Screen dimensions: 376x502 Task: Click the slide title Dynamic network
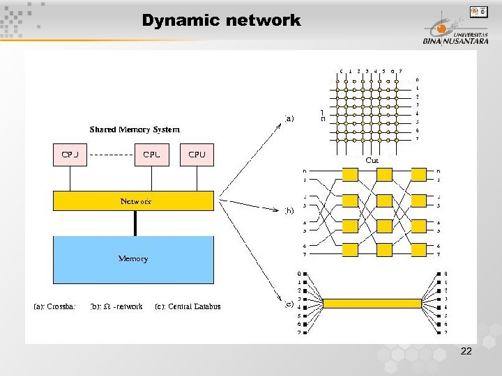click(x=221, y=21)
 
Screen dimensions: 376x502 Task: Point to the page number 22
click(x=466, y=352)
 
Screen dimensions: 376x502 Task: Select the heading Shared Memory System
click(x=135, y=130)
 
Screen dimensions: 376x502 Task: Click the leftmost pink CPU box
click(x=70, y=155)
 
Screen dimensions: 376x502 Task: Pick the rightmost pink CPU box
click(x=197, y=155)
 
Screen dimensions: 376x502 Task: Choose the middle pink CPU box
click(x=151, y=155)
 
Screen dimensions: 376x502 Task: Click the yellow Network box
click(x=134, y=201)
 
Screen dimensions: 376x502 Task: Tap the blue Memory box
click(x=134, y=259)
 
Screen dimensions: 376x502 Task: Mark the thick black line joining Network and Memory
click(x=135, y=223)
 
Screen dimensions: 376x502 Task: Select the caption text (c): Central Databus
click(x=188, y=306)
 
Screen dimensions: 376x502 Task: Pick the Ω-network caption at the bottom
click(x=116, y=306)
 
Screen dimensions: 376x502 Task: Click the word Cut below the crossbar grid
click(x=372, y=159)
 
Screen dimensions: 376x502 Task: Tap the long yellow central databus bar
click(x=372, y=303)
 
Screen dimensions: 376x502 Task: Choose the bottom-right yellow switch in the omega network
click(x=420, y=251)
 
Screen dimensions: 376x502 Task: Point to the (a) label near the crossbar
click(x=289, y=118)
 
